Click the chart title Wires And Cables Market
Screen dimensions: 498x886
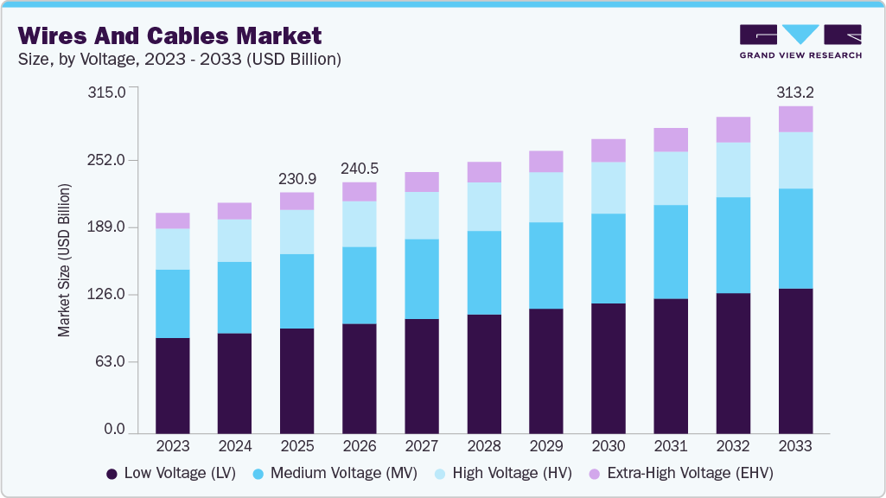(170, 35)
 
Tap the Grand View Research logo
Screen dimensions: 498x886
(800, 41)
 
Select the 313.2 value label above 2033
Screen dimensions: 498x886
(795, 93)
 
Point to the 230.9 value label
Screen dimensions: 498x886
(296, 179)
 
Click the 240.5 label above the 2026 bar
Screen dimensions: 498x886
(359, 169)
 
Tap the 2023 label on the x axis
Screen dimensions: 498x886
(172, 446)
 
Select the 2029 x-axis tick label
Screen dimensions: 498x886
(545, 446)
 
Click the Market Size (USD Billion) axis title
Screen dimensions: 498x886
(64, 260)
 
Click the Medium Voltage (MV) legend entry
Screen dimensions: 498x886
(335, 473)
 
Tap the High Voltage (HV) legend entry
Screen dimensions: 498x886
(500, 473)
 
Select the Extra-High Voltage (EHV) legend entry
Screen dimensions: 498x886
(680, 473)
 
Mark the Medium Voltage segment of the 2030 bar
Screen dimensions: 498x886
(608, 259)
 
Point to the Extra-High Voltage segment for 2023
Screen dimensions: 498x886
(172, 220)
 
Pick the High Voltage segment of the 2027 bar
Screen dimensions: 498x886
(421, 215)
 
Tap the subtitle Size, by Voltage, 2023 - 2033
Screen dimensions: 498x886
(179, 60)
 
